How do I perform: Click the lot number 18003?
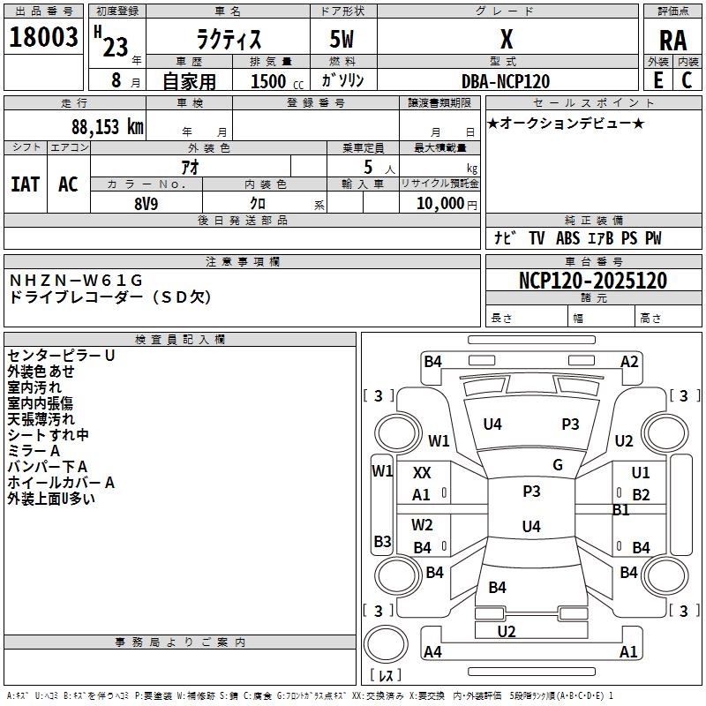43,37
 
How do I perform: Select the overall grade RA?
672,41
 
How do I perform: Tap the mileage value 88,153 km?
107,127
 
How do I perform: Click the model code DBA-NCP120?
506,81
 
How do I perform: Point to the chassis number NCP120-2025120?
593,281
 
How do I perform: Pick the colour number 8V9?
146,204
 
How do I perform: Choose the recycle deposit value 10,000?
439,204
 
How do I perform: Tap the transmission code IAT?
26,184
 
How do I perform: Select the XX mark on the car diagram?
422,473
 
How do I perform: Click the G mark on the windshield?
558,465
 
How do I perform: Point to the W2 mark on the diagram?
422,525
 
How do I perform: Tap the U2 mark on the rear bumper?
507,632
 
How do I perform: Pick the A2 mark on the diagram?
629,362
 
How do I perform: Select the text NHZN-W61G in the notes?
76,281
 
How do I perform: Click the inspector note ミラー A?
34,451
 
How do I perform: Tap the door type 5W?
342,39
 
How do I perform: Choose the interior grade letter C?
687,80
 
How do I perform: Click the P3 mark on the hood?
570,424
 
